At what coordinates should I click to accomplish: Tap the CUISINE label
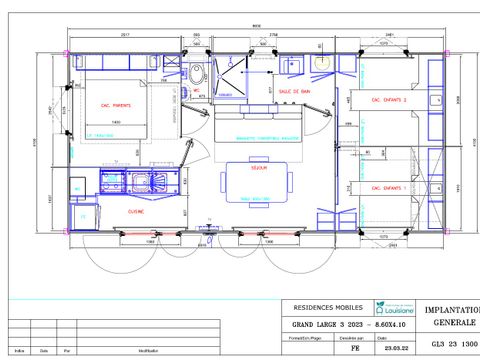coord(136,211)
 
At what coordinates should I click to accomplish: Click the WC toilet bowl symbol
coord(197,74)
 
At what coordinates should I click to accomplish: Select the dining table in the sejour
coord(256,182)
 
